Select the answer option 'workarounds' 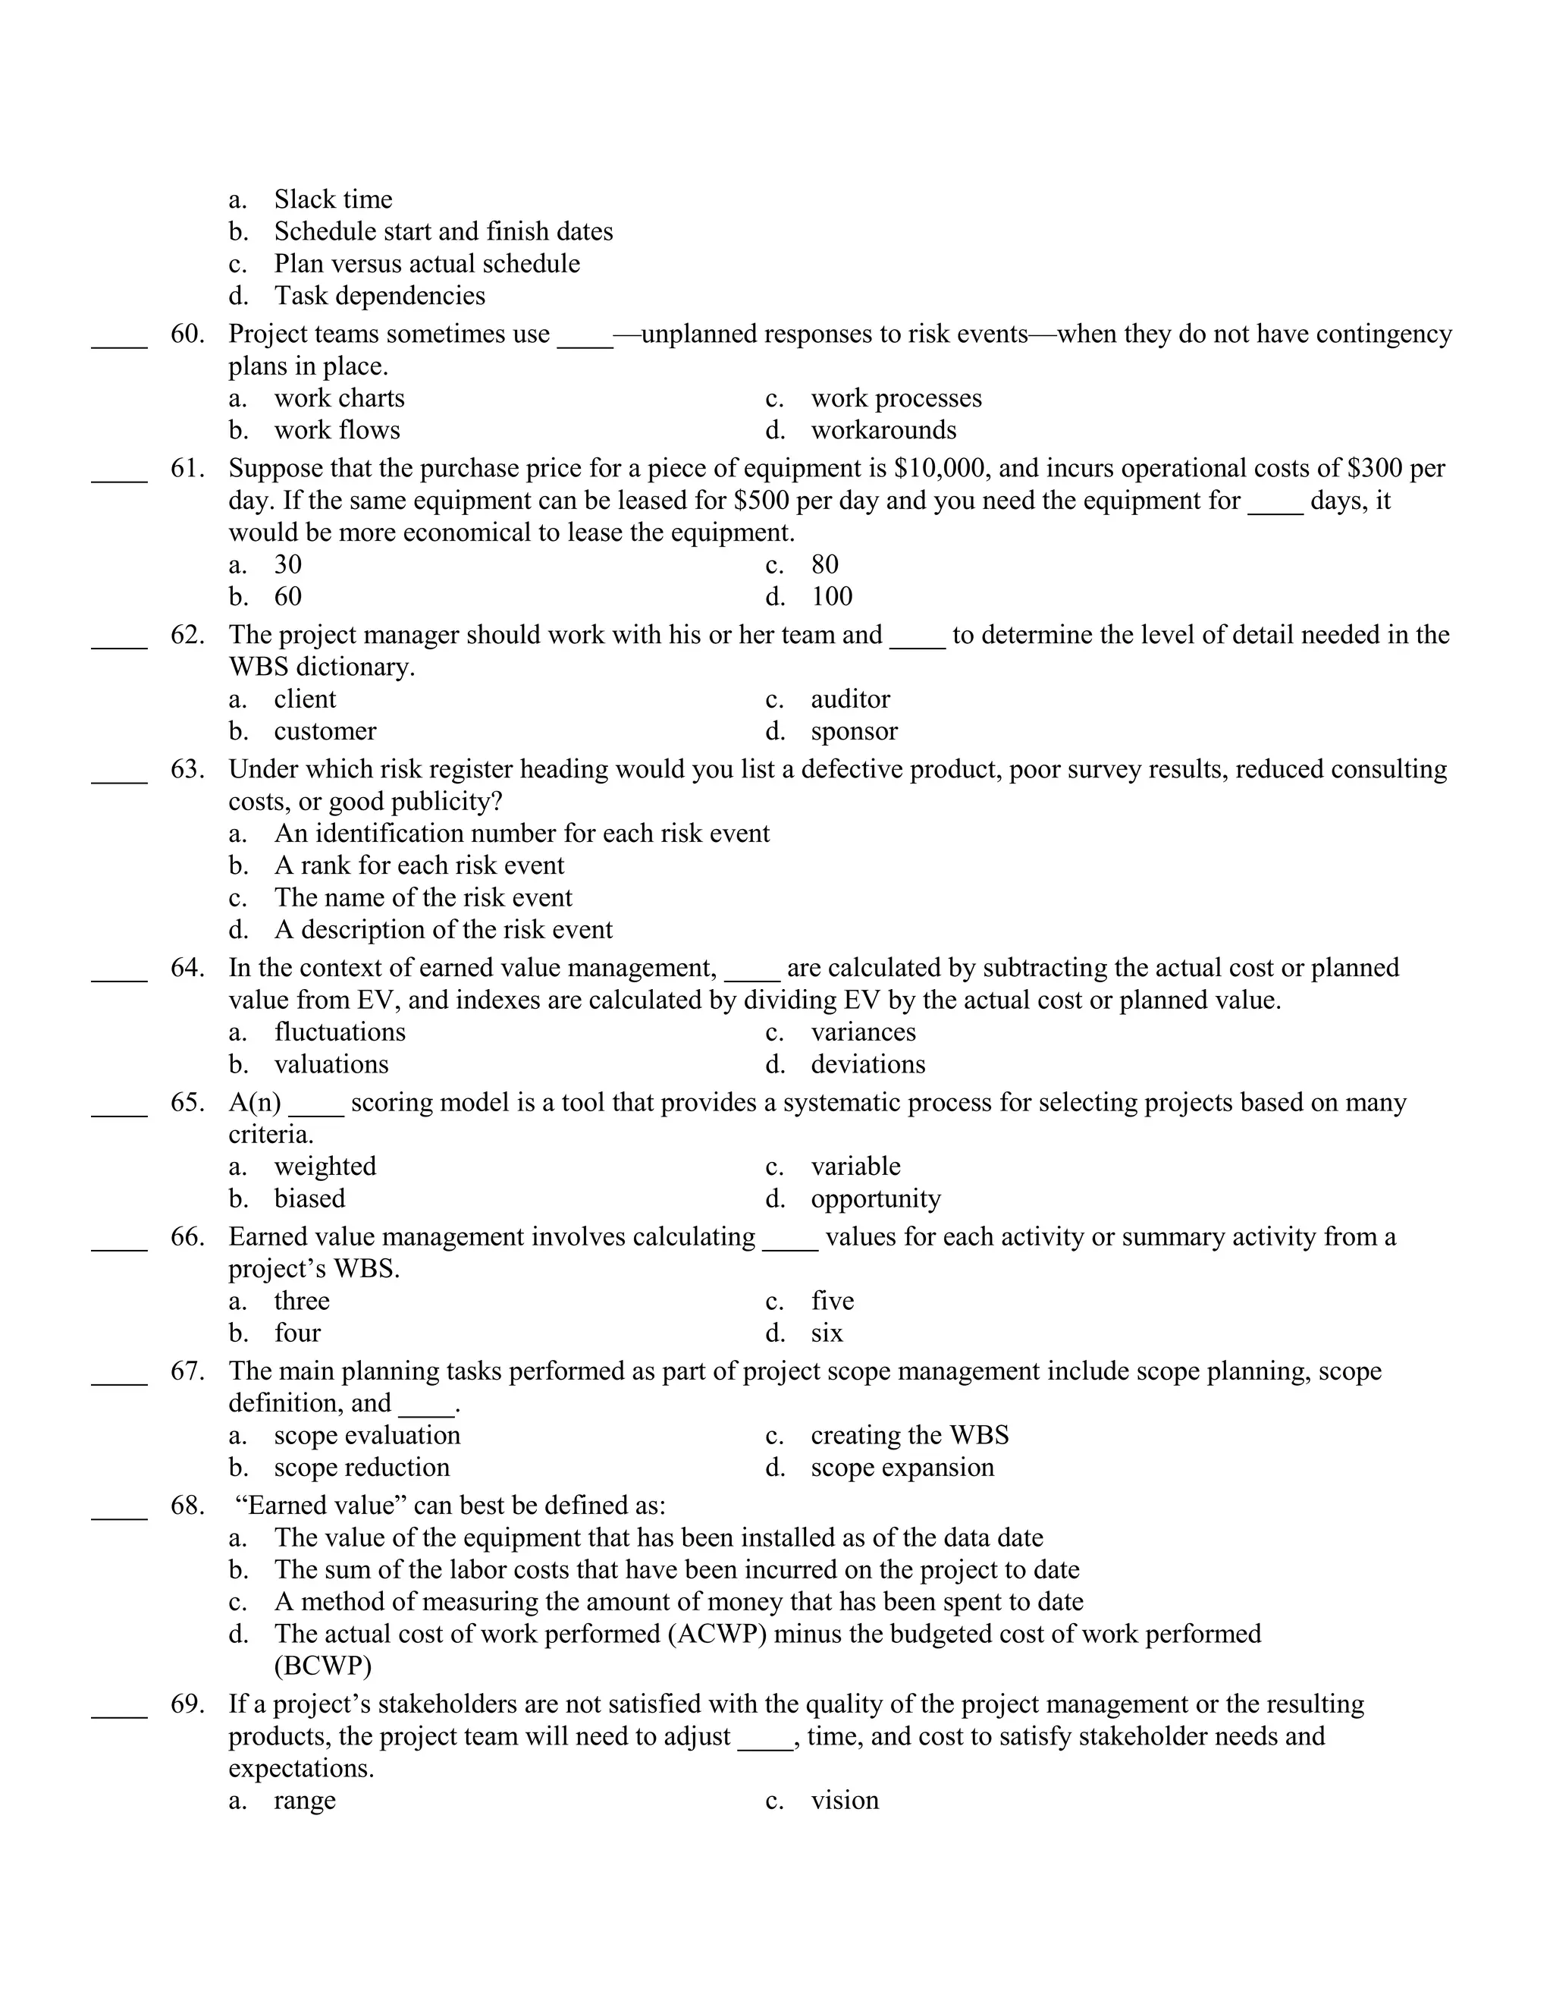(x=883, y=430)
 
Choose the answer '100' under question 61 (x=832, y=596)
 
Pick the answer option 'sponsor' (x=854, y=730)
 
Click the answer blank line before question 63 (x=119, y=780)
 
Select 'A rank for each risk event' (x=419, y=865)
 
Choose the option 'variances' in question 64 (x=863, y=1032)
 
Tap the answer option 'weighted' (x=325, y=1166)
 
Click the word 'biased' (x=309, y=1198)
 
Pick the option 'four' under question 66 (x=297, y=1333)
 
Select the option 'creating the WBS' (x=909, y=1435)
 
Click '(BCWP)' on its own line (x=323, y=1666)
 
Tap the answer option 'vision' (x=845, y=1800)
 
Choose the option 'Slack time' (x=333, y=199)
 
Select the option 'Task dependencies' (x=379, y=295)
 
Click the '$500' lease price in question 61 (x=762, y=501)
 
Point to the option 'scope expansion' (x=902, y=1467)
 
